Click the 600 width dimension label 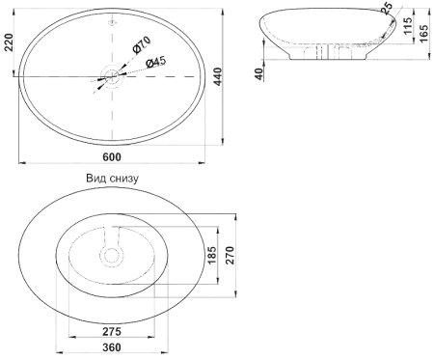click(112, 157)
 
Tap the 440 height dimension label click(218, 76)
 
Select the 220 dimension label click(9, 42)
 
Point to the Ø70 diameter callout click(142, 44)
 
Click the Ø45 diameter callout click(155, 62)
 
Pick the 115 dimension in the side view click(407, 26)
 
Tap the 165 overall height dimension click(424, 33)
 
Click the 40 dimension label click(259, 73)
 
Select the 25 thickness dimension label click(387, 8)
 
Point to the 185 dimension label click(212, 256)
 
